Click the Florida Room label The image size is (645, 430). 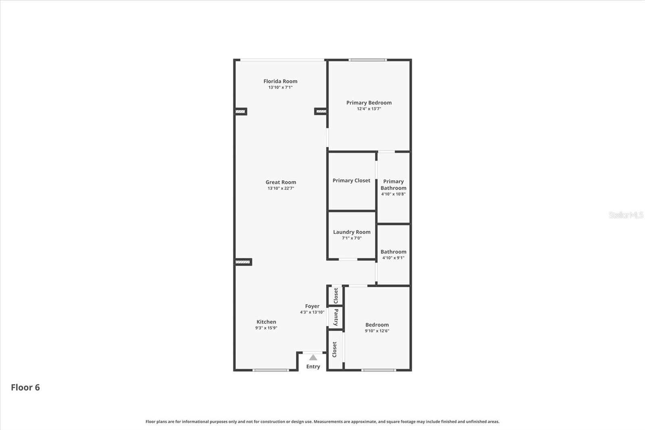(280, 81)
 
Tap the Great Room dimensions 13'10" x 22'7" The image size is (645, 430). (281, 188)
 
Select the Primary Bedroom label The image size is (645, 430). (369, 102)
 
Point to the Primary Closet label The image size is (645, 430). (351, 180)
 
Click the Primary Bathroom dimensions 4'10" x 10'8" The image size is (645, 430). (393, 194)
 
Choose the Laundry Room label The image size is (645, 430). (352, 232)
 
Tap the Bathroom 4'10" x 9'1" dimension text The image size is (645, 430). (393, 258)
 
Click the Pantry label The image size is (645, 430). (336, 317)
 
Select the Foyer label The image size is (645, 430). (312, 306)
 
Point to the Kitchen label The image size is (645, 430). (266, 321)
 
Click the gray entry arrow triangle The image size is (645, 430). (313, 357)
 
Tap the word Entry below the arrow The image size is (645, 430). (313, 366)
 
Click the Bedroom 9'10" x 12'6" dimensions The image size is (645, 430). (377, 331)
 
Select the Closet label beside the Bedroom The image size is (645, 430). (335, 349)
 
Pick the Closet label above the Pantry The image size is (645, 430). (336, 296)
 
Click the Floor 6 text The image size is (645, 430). (25, 387)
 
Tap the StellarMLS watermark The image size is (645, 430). (626, 215)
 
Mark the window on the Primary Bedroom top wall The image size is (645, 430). (368, 60)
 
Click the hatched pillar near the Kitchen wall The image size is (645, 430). (243, 262)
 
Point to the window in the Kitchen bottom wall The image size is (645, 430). (270, 370)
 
